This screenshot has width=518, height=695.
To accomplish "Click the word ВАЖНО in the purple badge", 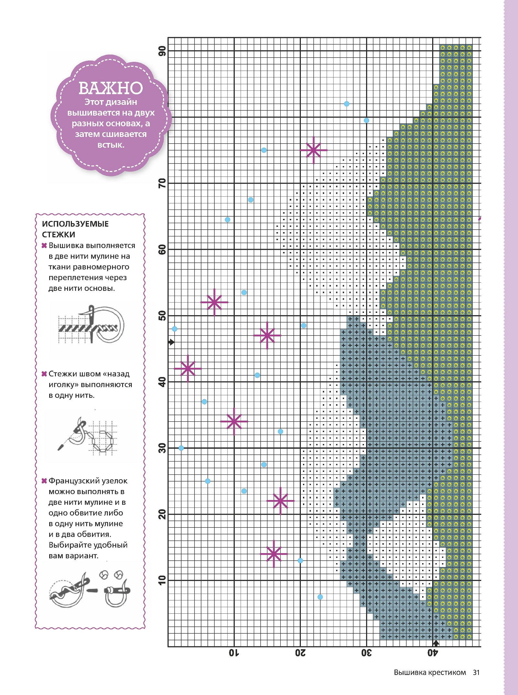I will pyautogui.click(x=110, y=87).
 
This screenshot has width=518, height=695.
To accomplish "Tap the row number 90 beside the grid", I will pyautogui.click(x=162, y=51).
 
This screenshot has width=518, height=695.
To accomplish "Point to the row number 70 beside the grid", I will pyautogui.click(x=162, y=183).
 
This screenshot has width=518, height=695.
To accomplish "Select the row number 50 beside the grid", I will pyautogui.click(x=162, y=316).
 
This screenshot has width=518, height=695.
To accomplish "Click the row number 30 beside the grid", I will pyautogui.click(x=162, y=448).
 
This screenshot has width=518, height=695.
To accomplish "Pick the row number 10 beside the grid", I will pyautogui.click(x=162, y=580).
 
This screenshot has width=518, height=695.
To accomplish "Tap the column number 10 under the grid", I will pyautogui.click(x=234, y=653).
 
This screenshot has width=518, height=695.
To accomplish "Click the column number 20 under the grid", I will pyautogui.click(x=300, y=653).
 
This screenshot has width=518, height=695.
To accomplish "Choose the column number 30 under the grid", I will pyautogui.click(x=366, y=653).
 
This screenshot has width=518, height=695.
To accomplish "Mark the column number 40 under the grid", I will pyautogui.click(x=433, y=653).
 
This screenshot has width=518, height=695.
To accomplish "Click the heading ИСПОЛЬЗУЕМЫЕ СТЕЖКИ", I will pyautogui.click(x=75, y=229).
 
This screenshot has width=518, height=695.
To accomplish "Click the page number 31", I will pyautogui.click(x=476, y=672).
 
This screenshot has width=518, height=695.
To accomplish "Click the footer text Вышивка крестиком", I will pyautogui.click(x=430, y=672).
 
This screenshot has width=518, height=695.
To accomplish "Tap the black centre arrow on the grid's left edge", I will pyautogui.click(x=172, y=342).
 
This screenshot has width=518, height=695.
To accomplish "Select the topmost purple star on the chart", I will pyautogui.click(x=313, y=150).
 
